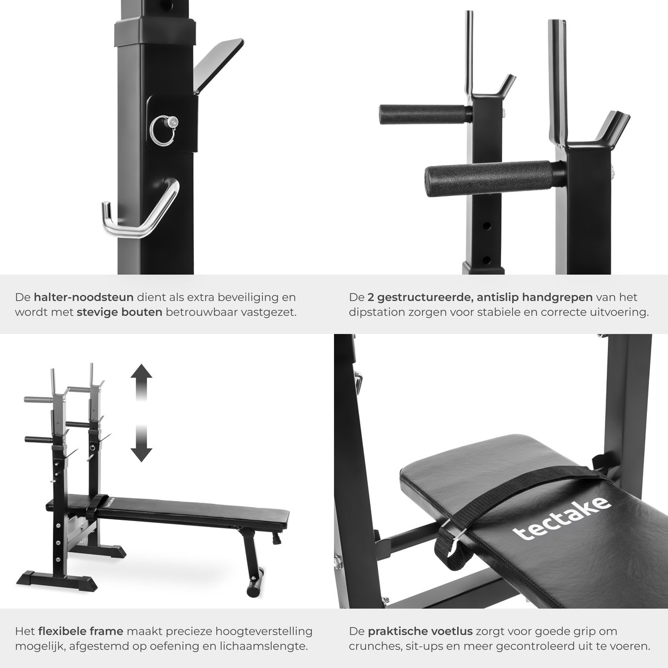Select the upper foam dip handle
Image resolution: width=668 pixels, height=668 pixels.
click(x=425, y=114)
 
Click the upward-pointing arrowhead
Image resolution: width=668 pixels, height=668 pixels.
click(x=141, y=371)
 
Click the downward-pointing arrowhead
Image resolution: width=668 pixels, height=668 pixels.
click(x=141, y=454)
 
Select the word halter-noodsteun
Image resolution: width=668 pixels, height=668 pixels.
click(x=83, y=297)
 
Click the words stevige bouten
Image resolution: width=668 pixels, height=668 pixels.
click(x=120, y=312)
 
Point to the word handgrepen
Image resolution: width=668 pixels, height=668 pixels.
click(x=557, y=297)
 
